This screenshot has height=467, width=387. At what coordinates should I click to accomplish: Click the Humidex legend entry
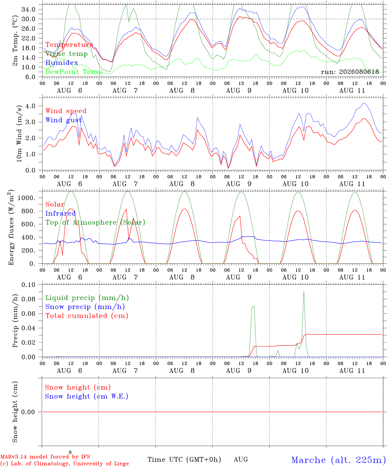[62, 63]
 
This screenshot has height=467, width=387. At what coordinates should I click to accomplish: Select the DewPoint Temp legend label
[74, 72]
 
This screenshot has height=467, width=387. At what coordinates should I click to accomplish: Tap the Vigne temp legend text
[66, 54]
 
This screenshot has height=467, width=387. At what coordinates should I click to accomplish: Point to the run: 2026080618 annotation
[350, 72]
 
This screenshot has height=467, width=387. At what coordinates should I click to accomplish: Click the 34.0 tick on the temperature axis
[29, 9]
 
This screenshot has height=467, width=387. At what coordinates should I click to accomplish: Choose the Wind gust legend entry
[64, 120]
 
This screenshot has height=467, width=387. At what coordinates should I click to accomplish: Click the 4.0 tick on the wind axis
[30, 106]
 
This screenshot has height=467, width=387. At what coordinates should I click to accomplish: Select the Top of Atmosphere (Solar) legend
[96, 222]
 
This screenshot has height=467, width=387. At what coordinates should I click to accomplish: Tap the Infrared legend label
[61, 213]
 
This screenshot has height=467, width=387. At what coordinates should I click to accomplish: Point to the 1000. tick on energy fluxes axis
[27, 198]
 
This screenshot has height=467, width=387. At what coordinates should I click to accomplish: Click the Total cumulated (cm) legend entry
[87, 316]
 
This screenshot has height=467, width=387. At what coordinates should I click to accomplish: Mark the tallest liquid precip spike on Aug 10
[304, 292]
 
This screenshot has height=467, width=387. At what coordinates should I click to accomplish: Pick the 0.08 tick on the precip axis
[29, 299]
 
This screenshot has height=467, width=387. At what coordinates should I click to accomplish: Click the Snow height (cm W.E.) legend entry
[87, 396]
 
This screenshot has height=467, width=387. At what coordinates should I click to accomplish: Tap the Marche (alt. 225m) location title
[339, 460]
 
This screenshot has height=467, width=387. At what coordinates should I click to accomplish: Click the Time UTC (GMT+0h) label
[184, 460]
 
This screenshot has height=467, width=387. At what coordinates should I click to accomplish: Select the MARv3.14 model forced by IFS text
[45, 457]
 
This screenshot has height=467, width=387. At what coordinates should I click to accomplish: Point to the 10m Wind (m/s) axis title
[19, 134]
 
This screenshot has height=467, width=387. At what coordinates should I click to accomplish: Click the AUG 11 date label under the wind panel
[352, 184]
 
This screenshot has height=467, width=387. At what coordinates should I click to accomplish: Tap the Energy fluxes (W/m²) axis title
[11, 228]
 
